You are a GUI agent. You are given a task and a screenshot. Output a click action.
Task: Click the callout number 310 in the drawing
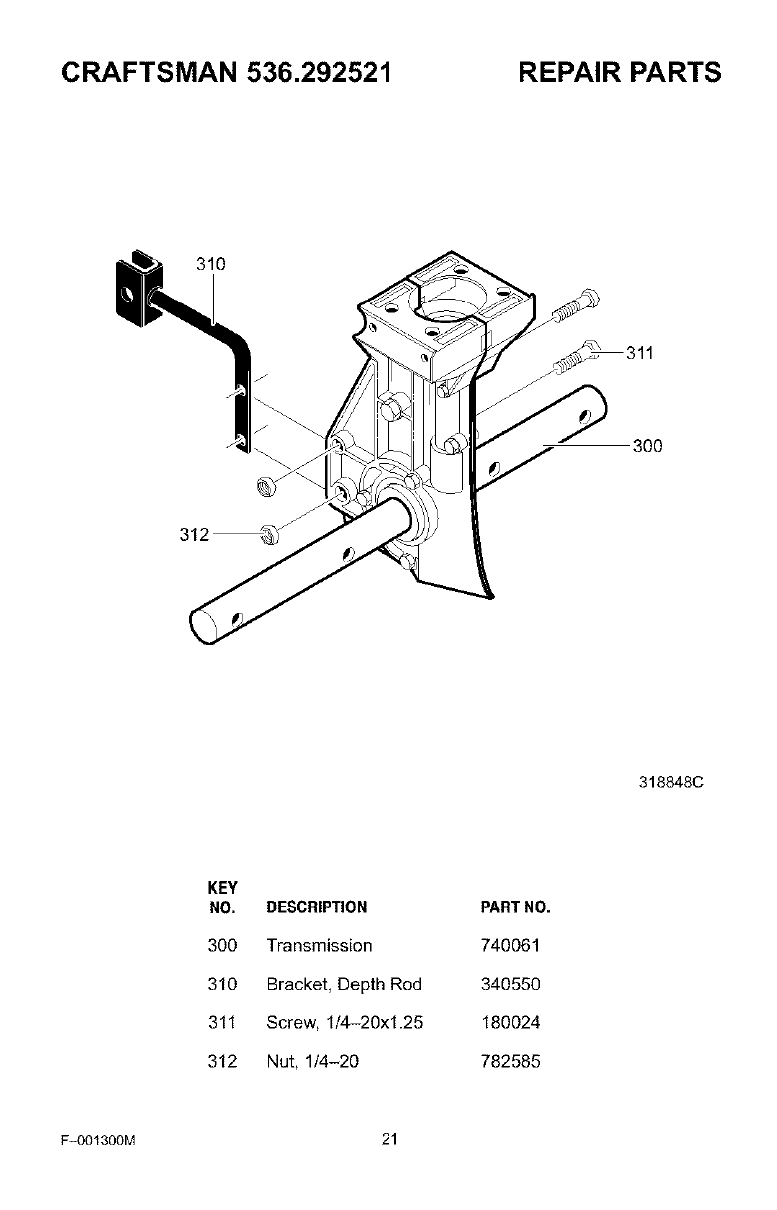pos(210,264)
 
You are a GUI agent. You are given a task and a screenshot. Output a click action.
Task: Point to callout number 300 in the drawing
pos(647,446)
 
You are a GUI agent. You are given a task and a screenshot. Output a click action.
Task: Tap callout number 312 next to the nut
pos(194,535)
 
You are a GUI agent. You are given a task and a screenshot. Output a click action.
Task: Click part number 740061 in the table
pos(510,945)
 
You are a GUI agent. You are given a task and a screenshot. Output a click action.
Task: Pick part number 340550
pos(510,984)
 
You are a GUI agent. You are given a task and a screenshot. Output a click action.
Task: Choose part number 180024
pos(510,1023)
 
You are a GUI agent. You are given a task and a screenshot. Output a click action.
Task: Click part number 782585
pos(510,1062)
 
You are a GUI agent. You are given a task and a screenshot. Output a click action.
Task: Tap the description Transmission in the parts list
pos(319,945)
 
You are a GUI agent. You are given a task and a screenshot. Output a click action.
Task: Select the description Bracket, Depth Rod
pos(344,984)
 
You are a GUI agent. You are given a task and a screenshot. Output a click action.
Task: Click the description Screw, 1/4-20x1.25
pos(346,1023)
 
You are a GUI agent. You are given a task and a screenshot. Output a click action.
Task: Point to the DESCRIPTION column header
pos(317,907)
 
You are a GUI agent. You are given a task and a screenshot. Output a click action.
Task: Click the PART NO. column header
pos(516,907)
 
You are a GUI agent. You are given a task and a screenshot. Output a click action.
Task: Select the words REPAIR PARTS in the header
pos(619,73)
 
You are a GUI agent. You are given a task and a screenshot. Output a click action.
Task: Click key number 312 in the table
pos(221,1062)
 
